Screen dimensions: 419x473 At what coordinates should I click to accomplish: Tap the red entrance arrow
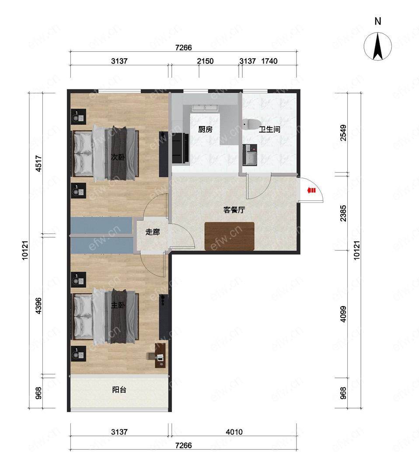click(311, 191)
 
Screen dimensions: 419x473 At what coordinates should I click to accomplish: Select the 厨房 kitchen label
click(206, 129)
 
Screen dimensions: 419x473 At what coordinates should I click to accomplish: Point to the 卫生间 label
click(269, 129)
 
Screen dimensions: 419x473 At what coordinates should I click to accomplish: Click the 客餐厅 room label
click(234, 210)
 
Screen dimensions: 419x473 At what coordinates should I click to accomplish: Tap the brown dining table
click(230, 236)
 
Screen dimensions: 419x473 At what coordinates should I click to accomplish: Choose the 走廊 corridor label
click(152, 232)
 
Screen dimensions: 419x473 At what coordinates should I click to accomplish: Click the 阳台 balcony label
click(119, 389)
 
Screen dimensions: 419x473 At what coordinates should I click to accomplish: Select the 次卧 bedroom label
click(118, 157)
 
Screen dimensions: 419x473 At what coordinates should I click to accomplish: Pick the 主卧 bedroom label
click(118, 305)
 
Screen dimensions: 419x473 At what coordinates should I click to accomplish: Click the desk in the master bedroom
click(161, 355)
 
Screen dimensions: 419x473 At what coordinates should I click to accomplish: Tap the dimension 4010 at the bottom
click(234, 432)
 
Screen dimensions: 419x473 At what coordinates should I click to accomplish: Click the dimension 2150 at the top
click(205, 61)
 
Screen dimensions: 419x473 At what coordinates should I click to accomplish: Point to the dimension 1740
click(269, 61)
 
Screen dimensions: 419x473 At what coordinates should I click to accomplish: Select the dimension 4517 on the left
click(38, 163)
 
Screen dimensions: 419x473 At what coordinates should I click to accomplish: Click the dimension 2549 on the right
click(343, 133)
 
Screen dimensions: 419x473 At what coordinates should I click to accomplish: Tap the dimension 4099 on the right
click(343, 314)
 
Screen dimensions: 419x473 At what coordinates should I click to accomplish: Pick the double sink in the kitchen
click(205, 108)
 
